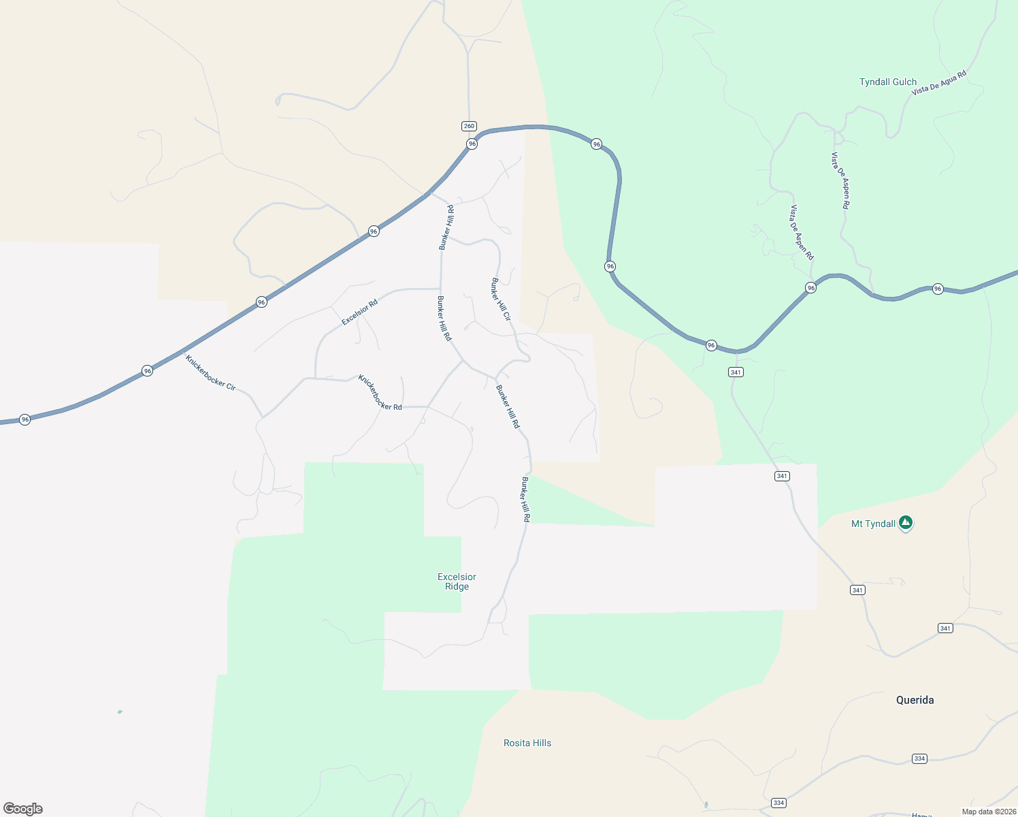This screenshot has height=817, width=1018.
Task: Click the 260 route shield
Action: coord(469,126)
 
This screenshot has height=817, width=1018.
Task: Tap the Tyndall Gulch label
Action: coord(887,82)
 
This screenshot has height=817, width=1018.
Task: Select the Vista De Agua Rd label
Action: coord(938,82)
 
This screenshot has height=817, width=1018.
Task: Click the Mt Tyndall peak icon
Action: coord(905,523)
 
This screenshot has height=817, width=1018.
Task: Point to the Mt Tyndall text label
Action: coord(873,524)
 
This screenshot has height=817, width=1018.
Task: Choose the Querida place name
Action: coord(915,700)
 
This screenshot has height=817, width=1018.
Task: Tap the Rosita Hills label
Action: coord(527,743)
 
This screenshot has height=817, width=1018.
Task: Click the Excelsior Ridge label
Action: coord(457,581)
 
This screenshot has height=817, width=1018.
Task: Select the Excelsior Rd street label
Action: coord(359,313)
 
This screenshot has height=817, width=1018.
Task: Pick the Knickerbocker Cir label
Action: coord(210,372)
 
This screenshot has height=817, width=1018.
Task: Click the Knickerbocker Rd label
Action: coord(380,393)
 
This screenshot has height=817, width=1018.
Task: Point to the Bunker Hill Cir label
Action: coord(501,299)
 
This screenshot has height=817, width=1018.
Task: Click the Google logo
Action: coord(23,809)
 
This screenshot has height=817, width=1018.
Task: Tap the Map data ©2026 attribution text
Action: coord(989,812)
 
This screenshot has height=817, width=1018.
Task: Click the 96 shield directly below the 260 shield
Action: coord(472,144)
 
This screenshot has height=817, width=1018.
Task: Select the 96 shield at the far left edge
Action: coord(25,419)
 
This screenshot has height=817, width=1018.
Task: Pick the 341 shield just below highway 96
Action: coord(736,372)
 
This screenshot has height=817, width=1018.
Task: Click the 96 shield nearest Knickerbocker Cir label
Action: coord(148,371)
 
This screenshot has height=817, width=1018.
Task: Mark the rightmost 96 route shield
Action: coord(938,289)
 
